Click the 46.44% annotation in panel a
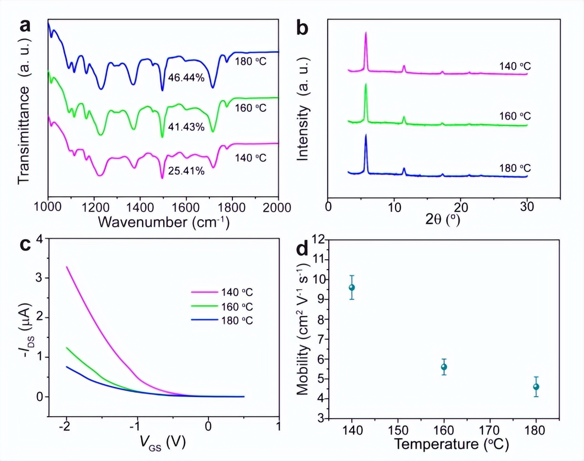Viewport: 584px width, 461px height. (186, 78)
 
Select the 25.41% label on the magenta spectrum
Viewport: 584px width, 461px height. (186, 170)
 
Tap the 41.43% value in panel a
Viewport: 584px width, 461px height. (186, 127)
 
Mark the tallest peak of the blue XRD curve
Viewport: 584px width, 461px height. (366, 136)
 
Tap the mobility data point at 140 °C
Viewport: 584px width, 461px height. (352, 287)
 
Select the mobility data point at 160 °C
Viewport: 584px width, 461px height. (444, 367)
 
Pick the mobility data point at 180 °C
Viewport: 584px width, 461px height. (536, 387)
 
